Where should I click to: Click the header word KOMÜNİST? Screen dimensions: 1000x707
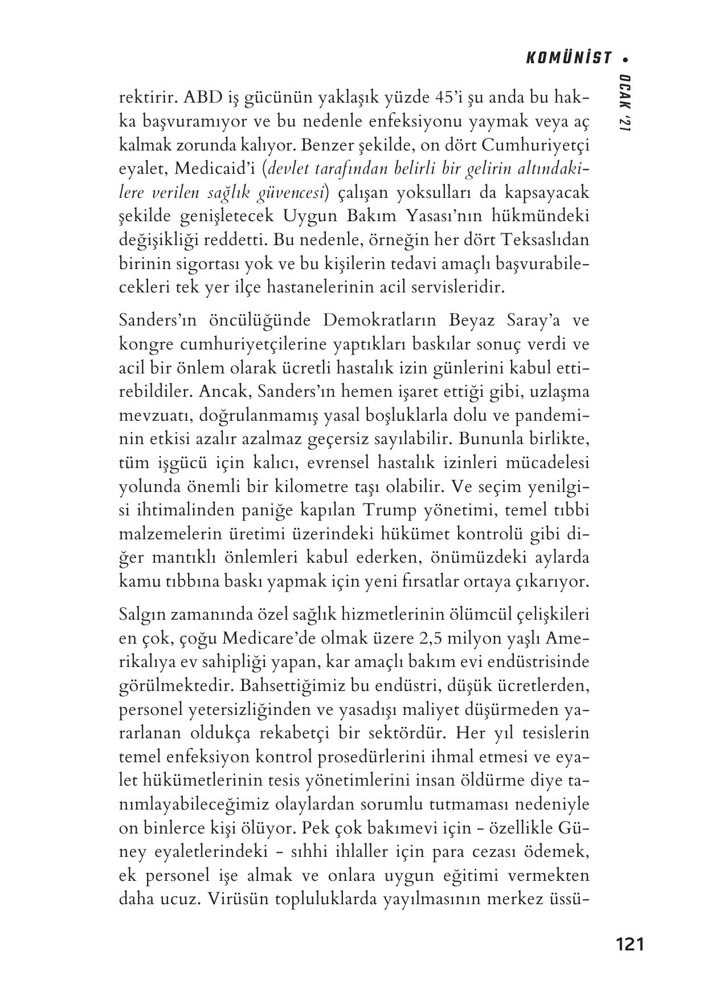[x=567, y=58]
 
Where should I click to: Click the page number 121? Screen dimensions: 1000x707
[x=630, y=945]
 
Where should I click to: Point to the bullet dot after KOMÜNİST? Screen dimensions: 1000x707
[x=626, y=59]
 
